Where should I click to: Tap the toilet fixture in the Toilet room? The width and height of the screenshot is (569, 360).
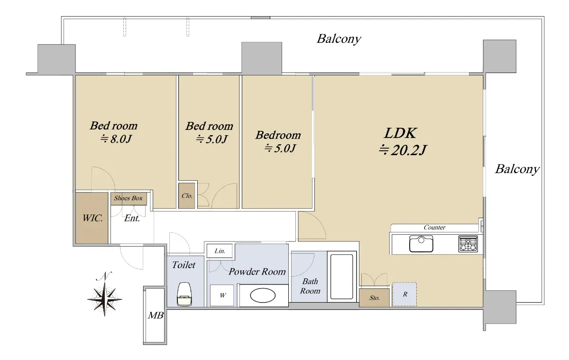click(x=184, y=294)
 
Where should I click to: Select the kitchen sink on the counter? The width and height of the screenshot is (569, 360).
click(x=421, y=244)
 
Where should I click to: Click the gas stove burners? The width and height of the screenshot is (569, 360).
click(x=468, y=244)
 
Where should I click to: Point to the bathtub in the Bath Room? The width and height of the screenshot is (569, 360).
click(x=342, y=277)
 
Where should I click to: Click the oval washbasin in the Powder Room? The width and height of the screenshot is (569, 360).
click(x=263, y=295)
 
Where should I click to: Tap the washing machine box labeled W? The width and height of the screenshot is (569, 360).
click(x=222, y=295)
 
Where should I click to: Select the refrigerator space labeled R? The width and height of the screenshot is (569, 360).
click(x=404, y=294)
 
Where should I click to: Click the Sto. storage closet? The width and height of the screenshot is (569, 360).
click(x=374, y=297)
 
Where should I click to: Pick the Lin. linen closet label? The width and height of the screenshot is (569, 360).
click(x=220, y=251)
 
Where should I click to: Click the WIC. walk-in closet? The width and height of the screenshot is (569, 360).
click(x=92, y=218)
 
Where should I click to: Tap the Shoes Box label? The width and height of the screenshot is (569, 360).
click(x=128, y=198)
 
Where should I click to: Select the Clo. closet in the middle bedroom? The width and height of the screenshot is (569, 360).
click(x=187, y=195)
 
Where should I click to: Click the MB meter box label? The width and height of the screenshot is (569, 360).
click(x=156, y=315)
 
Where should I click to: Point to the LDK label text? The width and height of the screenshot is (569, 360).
click(x=400, y=133)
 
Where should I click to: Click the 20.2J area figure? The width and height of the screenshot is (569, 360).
click(x=403, y=150)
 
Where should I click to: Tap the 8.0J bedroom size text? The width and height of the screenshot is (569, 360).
click(x=116, y=138)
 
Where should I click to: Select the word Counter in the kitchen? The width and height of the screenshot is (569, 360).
click(x=434, y=227)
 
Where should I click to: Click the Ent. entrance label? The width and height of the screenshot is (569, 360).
click(x=132, y=218)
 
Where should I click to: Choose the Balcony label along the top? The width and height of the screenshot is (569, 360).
click(x=339, y=39)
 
